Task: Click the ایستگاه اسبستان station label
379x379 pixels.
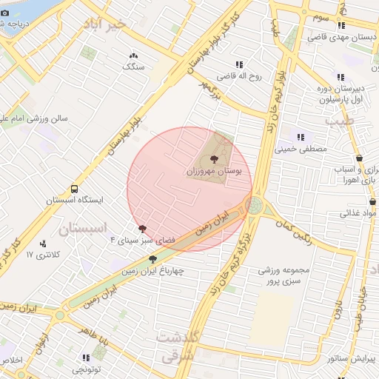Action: tap(75, 200)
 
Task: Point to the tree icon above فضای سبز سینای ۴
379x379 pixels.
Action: tap(141, 228)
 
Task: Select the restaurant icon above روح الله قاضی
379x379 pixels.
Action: tap(238, 64)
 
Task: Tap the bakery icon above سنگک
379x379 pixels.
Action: tap(133, 56)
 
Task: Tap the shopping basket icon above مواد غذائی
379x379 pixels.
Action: tap(358, 201)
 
